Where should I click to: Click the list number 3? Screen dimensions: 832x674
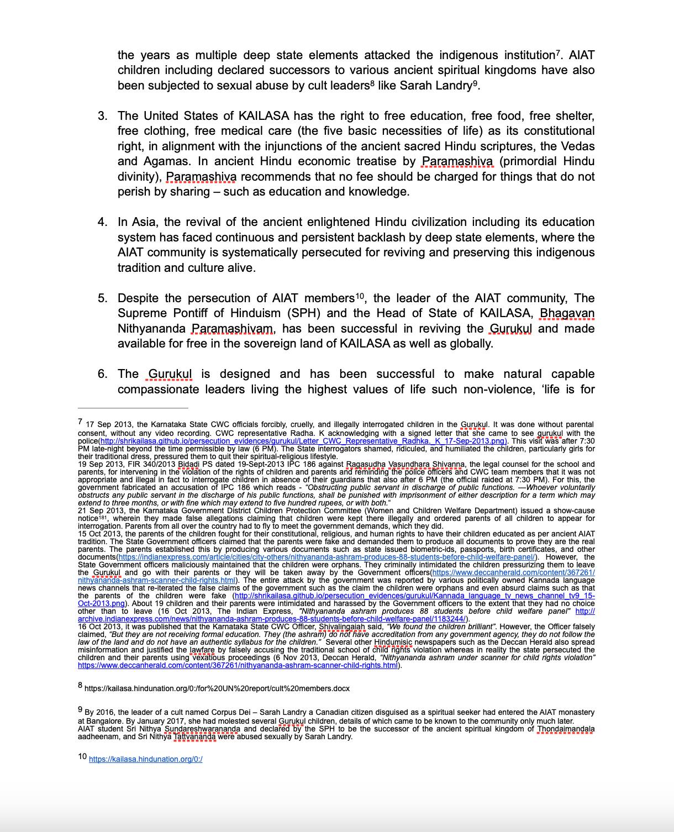point(102,116)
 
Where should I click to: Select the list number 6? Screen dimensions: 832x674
point(102,374)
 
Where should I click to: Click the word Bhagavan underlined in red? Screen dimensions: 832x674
point(567,313)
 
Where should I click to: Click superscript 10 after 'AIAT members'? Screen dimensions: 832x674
point(360,296)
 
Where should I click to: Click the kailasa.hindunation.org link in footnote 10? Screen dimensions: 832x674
point(145,759)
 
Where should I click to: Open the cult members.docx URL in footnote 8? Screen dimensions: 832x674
point(217,688)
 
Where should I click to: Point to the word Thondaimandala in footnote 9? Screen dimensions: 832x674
point(566,729)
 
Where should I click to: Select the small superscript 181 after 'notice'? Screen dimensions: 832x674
point(103,517)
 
